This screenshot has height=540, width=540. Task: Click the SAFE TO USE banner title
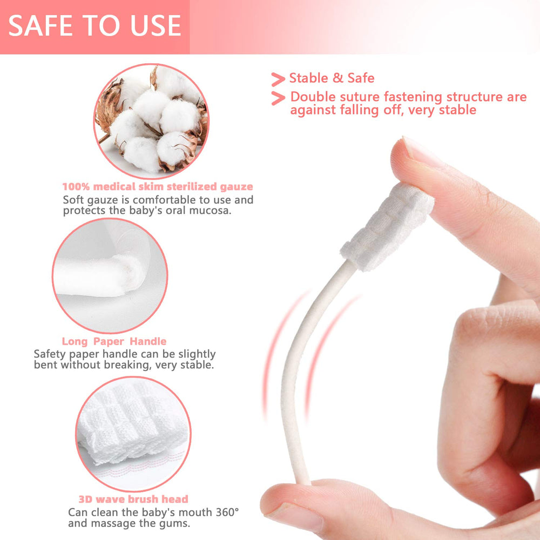pyautogui.click(x=94, y=26)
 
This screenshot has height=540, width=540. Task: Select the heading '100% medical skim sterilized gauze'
pyautogui.click(x=158, y=187)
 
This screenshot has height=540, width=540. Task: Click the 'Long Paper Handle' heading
pyautogui.click(x=114, y=341)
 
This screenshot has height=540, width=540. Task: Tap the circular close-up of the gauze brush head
pyautogui.click(x=133, y=427)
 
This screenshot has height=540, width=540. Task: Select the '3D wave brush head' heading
pyautogui.click(x=133, y=499)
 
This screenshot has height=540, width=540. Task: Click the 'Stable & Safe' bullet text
pyautogui.click(x=332, y=78)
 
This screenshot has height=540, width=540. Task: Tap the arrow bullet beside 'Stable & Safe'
pyautogui.click(x=278, y=79)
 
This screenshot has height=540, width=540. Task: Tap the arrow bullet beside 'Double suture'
pyautogui.click(x=278, y=98)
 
